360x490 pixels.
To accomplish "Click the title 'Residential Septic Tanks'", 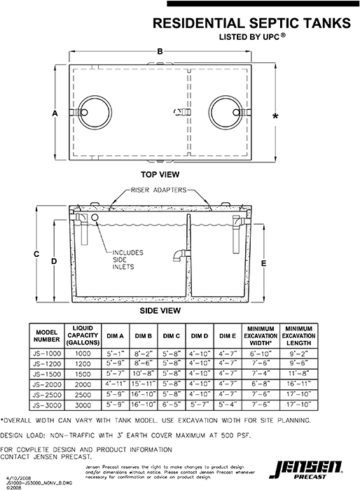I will [251, 24].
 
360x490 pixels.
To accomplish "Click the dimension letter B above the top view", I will [160, 52].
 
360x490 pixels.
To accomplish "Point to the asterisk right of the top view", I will [275, 116].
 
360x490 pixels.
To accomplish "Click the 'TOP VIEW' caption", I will [160, 174].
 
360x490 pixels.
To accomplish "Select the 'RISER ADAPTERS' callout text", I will [160, 190].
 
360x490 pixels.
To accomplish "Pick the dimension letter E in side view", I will [264, 263].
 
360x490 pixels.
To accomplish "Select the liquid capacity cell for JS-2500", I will [84, 395].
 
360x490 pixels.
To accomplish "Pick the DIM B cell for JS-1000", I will [143, 354].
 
